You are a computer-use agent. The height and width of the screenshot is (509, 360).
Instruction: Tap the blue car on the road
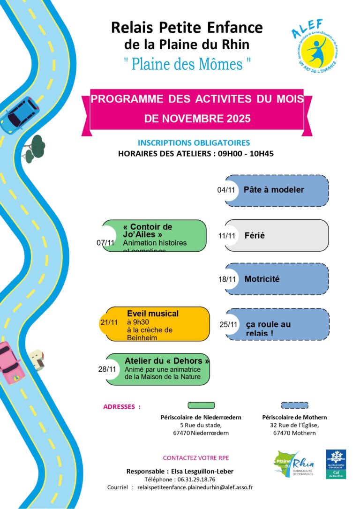pyautogui.click(x=20, y=114)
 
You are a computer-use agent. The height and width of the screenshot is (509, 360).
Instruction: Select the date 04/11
pyautogui.click(x=226, y=190)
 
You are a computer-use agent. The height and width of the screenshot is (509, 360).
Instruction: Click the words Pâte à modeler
pyautogui.click(x=274, y=190)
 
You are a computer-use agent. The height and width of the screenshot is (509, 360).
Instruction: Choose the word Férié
pyautogui.click(x=255, y=235)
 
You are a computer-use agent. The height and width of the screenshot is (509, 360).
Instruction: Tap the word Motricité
pyautogui.click(x=262, y=279)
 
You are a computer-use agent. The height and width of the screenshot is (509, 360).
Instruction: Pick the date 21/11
pyautogui.click(x=109, y=322)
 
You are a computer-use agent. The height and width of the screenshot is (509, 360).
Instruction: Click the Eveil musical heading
pyautogui.click(x=153, y=314)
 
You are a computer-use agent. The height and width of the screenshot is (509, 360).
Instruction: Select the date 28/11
pyautogui.click(x=107, y=369)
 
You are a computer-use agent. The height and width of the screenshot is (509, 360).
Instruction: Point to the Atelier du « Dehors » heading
pyautogui.click(x=167, y=361)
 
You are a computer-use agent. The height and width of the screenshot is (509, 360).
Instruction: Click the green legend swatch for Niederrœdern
pyautogui.click(x=201, y=405)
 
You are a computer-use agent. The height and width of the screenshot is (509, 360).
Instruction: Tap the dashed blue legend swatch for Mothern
pyautogui.click(x=294, y=405)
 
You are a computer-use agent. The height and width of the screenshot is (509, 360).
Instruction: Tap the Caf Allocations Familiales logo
pyautogui.click(x=336, y=464)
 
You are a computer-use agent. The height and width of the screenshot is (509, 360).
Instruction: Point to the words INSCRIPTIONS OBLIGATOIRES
pyautogui.click(x=194, y=143)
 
